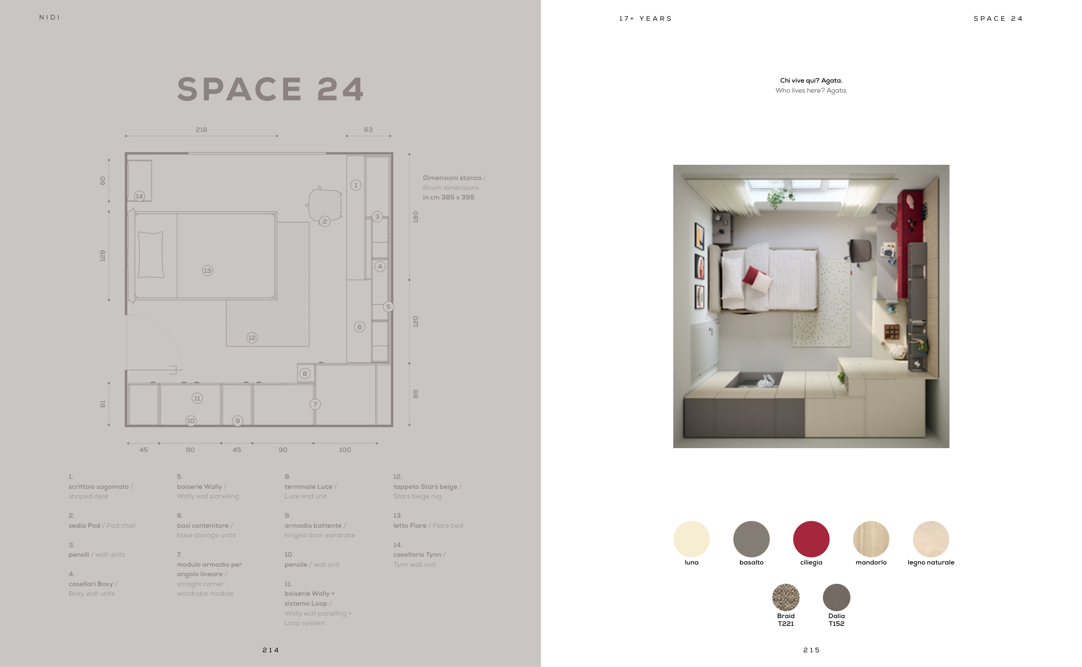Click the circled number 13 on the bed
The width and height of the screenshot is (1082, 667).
[x=207, y=270]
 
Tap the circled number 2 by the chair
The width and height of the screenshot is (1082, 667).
[x=324, y=221]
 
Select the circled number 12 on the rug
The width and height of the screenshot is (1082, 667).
[x=252, y=338]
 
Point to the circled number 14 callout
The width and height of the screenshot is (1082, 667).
[x=139, y=196]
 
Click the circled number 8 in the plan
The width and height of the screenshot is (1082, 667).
[x=305, y=374]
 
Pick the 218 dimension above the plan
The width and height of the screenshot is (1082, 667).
[x=201, y=130]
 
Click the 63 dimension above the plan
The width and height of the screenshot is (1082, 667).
[x=368, y=130]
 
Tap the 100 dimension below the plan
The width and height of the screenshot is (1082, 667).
[x=345, y=450]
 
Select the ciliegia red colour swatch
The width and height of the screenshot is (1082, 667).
[x=811, y=539]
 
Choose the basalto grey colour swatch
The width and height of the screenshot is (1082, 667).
[x=751, y=539]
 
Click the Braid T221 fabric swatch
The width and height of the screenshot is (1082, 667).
[x=786, y=597]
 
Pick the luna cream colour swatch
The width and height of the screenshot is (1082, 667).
[x=691, y=539]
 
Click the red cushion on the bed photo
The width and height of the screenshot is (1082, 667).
[x=753, y=276]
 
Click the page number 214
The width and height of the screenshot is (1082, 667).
[x=271, y=650]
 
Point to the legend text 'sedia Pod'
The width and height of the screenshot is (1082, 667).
[x=84, y=526]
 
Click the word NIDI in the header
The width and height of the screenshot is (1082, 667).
[x=49, y=17]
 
